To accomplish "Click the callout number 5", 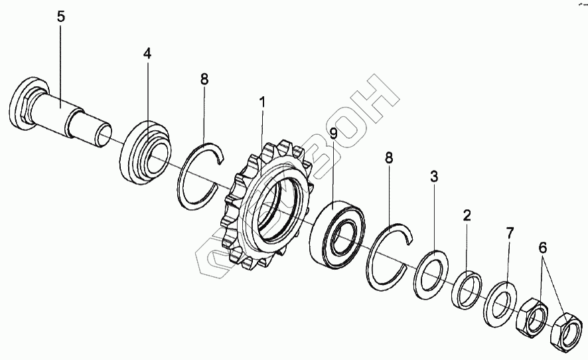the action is pos(61,17).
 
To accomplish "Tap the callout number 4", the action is pos(147,54).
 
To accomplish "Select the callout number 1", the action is pos(263,103).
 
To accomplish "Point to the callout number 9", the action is pos(333,134).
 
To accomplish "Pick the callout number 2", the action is pos(467,215).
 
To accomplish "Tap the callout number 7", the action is pos(509,232).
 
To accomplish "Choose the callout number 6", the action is pos(543,248).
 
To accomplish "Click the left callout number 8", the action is pos(204,78).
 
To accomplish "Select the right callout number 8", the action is pos(390,158).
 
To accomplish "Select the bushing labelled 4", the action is pos(146,153).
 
